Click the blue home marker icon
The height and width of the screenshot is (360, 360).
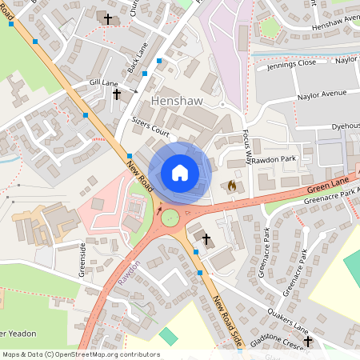coord(180,173)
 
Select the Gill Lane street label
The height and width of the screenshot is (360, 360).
coord(104,82)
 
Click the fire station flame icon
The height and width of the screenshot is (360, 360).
coord(232,186)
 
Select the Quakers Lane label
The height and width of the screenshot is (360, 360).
coord(287,321)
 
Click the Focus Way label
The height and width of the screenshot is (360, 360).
coord(246,147)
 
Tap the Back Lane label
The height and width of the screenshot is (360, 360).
coord(138,55)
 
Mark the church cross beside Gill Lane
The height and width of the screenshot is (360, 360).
coord(117,94)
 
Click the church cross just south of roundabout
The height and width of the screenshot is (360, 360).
coord(206,238)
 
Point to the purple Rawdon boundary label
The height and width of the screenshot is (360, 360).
coord(134,273)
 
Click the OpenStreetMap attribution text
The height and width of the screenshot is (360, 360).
coord(80,354)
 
